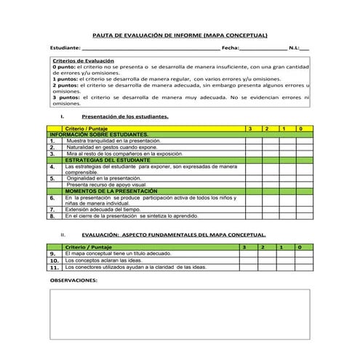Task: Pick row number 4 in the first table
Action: (52, 167)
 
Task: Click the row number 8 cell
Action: (52, 216)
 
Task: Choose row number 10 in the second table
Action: (53, 260)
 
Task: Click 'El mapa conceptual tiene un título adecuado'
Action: (119, 253)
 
